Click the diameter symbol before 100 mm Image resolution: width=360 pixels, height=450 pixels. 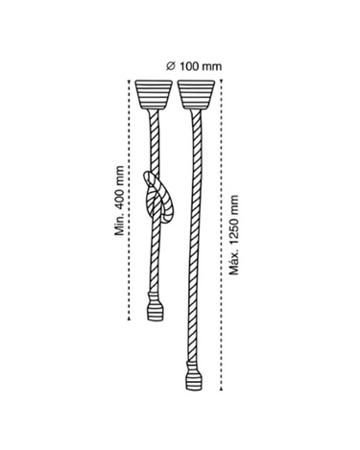[x=171, y=66]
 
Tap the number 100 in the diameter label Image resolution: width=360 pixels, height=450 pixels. [x=188, y=66]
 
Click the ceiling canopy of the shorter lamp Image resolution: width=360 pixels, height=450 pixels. [x=154, y=94]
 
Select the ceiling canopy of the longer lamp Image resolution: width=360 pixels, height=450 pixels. [x=196, y=94]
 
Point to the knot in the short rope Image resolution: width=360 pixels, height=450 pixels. [x=158, y=197]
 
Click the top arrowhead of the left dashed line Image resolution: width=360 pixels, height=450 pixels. [x=130, y=81]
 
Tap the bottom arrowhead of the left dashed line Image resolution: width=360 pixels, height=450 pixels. [x=130, y=319]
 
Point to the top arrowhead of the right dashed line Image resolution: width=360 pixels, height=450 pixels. [x=221, y=81]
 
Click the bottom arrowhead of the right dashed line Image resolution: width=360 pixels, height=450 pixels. [x=221, y=389]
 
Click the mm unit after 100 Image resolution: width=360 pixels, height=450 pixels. [x=211, y=66]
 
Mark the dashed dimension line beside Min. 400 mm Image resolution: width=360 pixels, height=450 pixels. [x=130, y=200]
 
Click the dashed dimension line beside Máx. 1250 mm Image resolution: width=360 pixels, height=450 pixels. [x=221, y=235]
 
